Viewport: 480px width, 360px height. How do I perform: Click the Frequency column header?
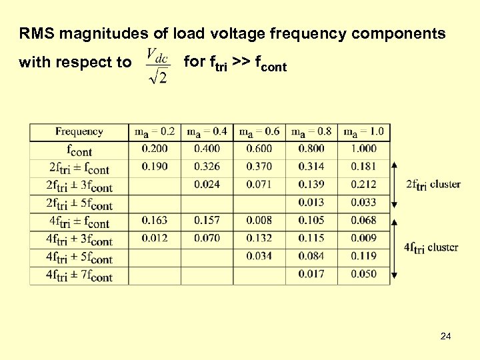coord(79,131)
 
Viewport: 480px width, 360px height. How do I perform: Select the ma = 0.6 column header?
coord(259,131)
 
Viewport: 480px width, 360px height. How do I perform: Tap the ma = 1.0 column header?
coord(363,131)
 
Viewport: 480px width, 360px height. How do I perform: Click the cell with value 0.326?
coord(207,166)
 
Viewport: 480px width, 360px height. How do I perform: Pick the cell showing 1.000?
coord(363,149)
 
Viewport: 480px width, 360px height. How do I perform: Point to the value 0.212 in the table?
coord(363,184)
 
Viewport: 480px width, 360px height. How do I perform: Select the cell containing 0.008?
coord(259,220)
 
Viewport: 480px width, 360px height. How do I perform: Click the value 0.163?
coord(155,220)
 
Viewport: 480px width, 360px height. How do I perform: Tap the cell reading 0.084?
coord(311,256)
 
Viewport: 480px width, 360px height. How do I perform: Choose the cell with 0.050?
coord(363,274)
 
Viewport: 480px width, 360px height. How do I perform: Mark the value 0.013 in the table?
coord(311,202)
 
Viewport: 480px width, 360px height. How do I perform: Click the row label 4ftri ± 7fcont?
coord(79,275)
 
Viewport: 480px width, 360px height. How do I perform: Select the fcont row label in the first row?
coord(79,150)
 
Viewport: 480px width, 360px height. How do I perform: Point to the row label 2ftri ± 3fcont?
coord(79,186)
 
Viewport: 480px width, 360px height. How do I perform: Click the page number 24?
coord(445,337)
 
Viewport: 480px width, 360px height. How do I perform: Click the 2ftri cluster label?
coord(433,185)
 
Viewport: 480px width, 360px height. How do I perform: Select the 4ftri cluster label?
coord(431,248)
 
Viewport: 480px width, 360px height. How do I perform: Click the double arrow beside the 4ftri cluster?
coord(395,247)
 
